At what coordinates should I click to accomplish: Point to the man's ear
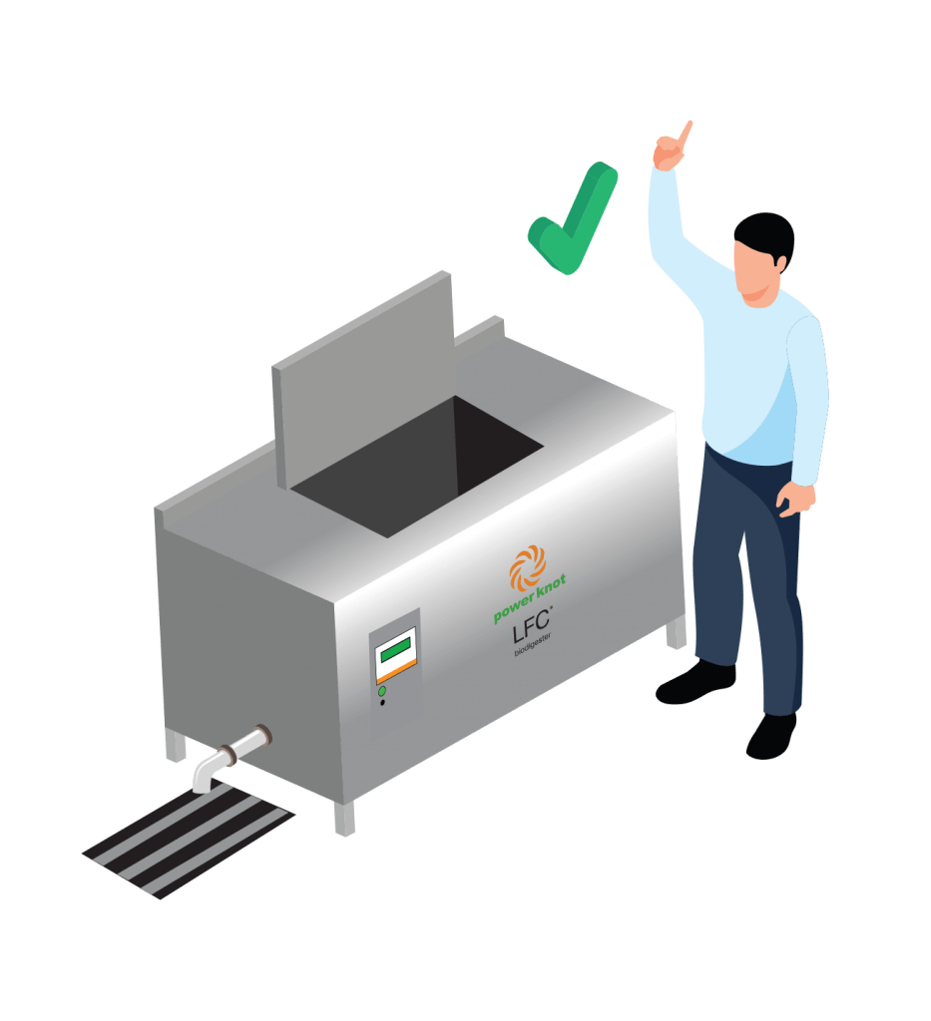coord(779,262)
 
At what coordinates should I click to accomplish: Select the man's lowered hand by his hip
coord(795,500)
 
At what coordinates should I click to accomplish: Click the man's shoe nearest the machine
coord(695,682)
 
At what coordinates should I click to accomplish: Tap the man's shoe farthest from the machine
coord(770,737)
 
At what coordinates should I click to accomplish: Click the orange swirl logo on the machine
coord(527,567)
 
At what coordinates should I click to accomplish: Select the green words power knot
coord(529,599)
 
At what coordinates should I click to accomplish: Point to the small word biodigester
coord(532,645)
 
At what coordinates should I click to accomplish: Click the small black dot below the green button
coord(382,703)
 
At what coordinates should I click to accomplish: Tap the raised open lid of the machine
coord(363,379)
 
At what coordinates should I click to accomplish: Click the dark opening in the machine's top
coord(417,467)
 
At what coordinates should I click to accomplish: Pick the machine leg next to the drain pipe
coord(176,745)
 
